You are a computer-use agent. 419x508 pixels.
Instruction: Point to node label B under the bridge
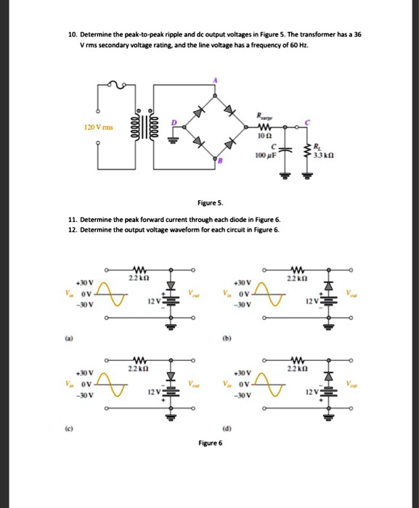pos(216,164)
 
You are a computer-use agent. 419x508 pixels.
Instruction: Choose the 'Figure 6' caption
pos(209,441)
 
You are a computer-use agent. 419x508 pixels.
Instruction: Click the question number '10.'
pos(72,34)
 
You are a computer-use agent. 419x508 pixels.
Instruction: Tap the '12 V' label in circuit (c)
pos(150,393)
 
